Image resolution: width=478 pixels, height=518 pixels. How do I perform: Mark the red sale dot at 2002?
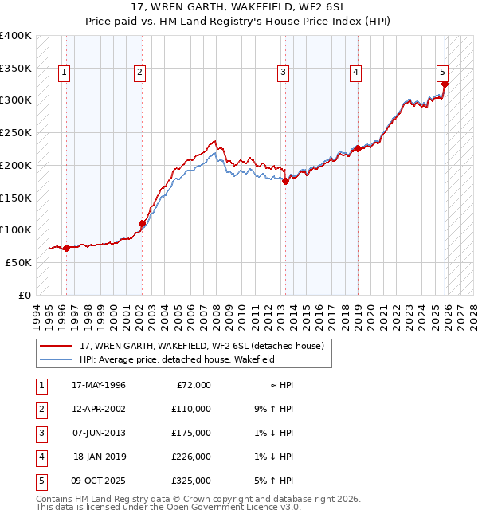(x=143, y=223)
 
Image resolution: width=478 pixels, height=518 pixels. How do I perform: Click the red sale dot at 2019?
(x=358, y=148)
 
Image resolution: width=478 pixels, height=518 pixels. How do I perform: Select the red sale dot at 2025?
(x=445, y=84)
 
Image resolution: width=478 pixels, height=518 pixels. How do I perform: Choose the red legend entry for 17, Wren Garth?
(x=202, y=347)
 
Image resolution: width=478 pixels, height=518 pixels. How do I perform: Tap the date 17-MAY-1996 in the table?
(x=99, y=385)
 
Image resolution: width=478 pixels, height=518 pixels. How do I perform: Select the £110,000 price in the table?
(x=191, y=409)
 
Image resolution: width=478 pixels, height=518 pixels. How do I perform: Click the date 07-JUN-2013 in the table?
(x=99, y=433)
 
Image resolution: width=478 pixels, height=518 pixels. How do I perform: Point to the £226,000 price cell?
(x=191, y=457)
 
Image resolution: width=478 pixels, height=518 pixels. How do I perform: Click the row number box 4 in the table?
(x=41, y=457)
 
